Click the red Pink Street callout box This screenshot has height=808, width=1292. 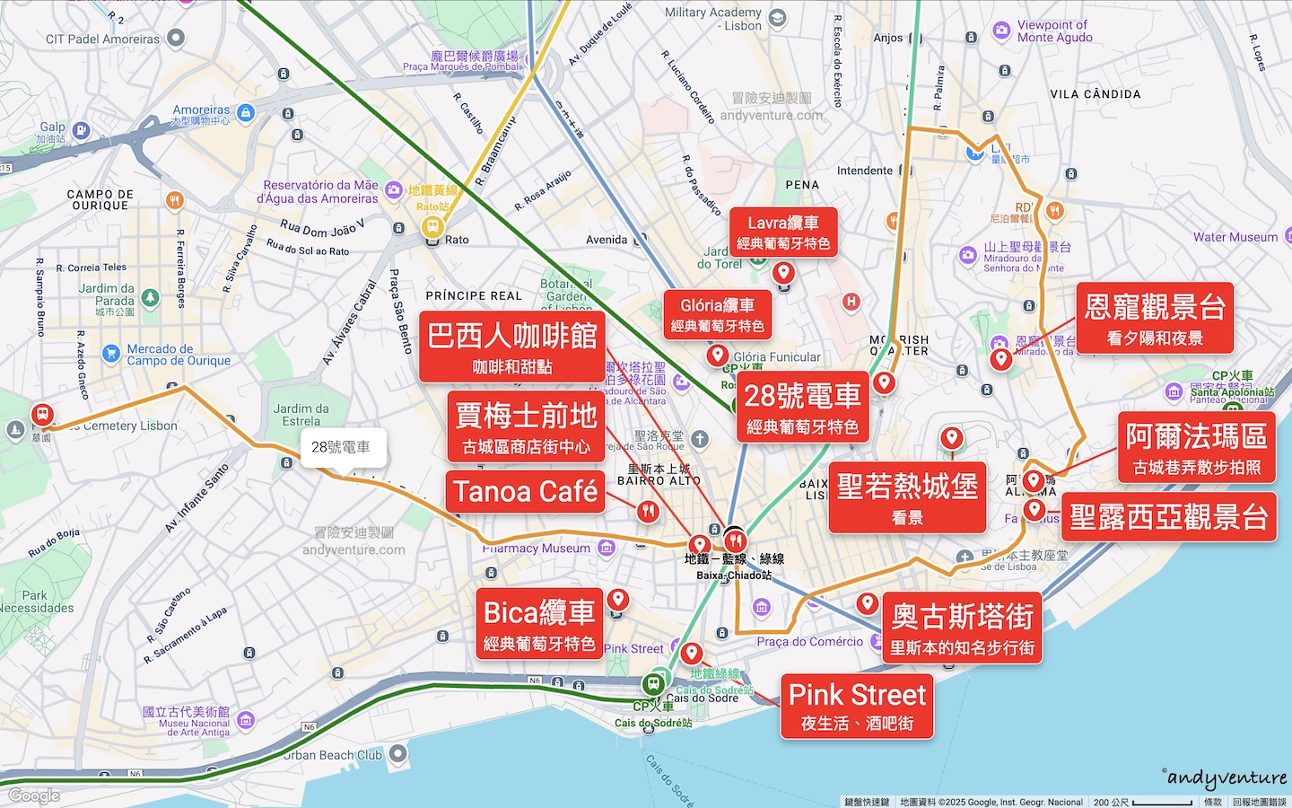pyautogui.click(x=857, y=707)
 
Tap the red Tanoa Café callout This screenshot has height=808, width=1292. pyautogui.click(x=526, y=492)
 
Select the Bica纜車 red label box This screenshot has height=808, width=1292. pyautogui.click(x=538, y=624)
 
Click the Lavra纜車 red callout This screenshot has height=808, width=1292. pyautogui.click(x=783, y=232)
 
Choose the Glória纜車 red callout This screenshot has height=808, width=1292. pyautogui.click(x=717, y=314)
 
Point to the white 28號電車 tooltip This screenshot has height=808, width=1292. pyautogui.click(x=341, y=447)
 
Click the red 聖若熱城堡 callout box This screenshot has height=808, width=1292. pyautogui.click(x=907, y=497)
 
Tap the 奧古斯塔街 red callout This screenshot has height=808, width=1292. pyautogui.click(x=962, y=628)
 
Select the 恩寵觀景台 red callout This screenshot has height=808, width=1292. pyautogui.click(x=1155, y=318)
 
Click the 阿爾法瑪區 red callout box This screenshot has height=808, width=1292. pyautogui.click(x=1196, y=448)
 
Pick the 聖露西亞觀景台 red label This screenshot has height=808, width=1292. pyautogui.click(x=1168, y=517)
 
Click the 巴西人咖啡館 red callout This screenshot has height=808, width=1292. pyautogui.click(x=512, y=347)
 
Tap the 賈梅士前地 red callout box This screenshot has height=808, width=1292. pyautogui.click(x=526, y=426)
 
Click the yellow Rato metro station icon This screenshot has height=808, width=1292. pyautogui.click(x=432, y=226)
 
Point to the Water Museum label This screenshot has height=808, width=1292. pyautogui.click(x=1235, y=237)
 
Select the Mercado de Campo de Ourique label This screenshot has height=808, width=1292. pyautogui.click(x=178, y=355)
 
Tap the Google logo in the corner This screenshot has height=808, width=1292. pyautogui.click(x=34, y=795)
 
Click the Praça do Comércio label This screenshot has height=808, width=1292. pyautogui.click(x=809, y=642)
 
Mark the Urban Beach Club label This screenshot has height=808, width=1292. pyautogui.click(x=333, y=755)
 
